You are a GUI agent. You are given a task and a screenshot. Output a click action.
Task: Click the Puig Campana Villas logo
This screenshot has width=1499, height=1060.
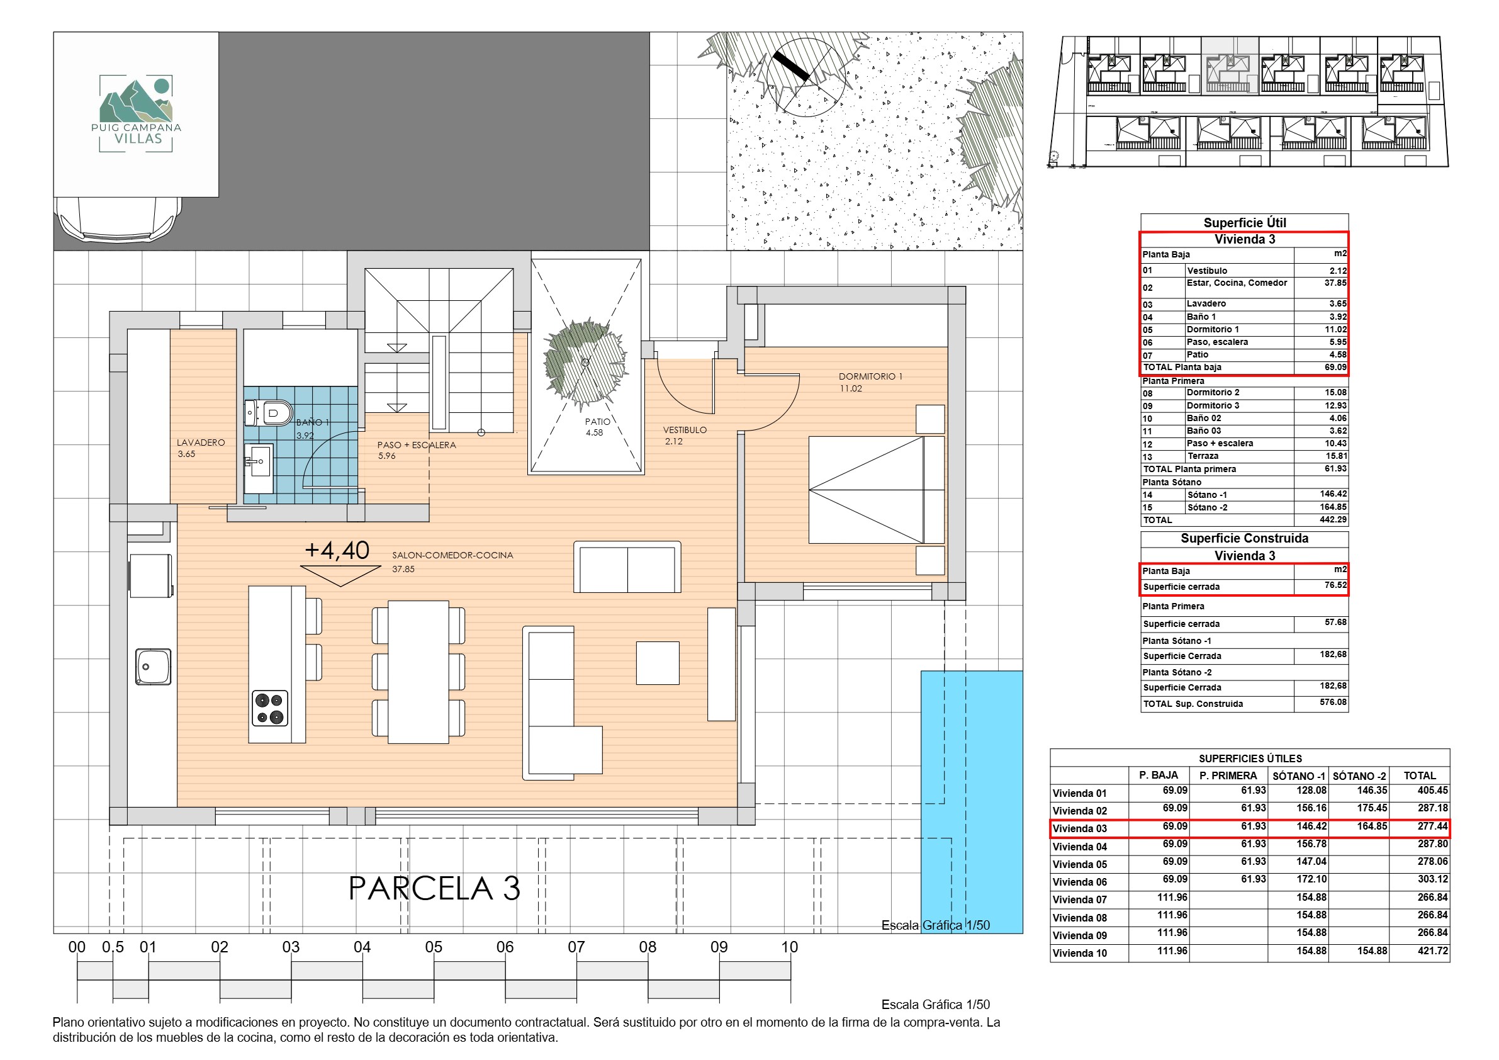pyautogui.click(x=136, y=115)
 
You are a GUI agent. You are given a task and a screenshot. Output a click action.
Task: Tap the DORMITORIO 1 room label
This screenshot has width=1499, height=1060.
pyautogui.click(x=870, y=376)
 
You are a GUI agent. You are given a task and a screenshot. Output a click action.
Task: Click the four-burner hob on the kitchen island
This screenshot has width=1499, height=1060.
pyautogui.click(x=269, y=709)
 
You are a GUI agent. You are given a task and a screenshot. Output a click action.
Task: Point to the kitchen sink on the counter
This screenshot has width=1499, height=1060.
pyautogui.click(x=154, y=666)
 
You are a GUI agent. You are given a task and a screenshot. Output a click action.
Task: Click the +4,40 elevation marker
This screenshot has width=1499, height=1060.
pyautogui.click(x=337, y=551)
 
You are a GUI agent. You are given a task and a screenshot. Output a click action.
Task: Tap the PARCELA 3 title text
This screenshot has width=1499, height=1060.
pyautogui.click(x=434, y=888)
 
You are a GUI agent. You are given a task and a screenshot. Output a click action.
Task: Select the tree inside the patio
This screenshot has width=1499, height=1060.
pyautogui.click(x=586, y=363)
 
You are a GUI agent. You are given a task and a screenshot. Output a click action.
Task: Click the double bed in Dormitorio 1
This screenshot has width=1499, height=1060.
pyautogui.click(x=876, y=490)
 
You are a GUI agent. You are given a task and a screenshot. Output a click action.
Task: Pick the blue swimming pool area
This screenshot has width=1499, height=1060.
pyautogui.click(x=972, y=802)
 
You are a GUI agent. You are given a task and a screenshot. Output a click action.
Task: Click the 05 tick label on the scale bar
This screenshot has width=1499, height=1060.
pyautogui.click(x=434, y=947)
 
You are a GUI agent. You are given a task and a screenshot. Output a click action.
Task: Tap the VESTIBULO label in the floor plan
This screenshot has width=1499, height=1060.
pyautogui.click(x=685, y=430)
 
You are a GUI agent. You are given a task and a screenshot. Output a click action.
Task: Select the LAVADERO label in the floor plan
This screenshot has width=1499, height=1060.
pyautogui.click(x=200, y=442)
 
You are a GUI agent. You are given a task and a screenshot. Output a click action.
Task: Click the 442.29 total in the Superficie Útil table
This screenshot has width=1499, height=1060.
pyautogui.click(x=1333, y=520)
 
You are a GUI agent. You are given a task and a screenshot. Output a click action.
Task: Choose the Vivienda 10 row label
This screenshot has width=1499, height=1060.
pyautogui.click(x=1080, y=953)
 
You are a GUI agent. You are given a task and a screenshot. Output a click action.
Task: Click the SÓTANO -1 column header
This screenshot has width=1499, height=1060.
pyautogui.click(x=1300, y=776)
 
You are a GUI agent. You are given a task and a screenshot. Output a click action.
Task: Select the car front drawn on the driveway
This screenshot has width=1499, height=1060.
pyautogui.click(x=119, y=220)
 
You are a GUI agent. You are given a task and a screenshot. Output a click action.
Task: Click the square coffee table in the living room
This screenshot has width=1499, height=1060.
pyautogui.click(x=658, y=663)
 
